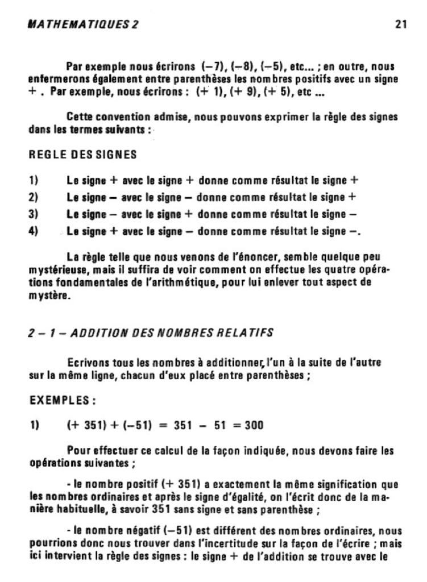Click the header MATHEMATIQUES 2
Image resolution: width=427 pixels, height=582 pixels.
82,25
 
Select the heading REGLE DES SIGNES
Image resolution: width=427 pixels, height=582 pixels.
83,154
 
